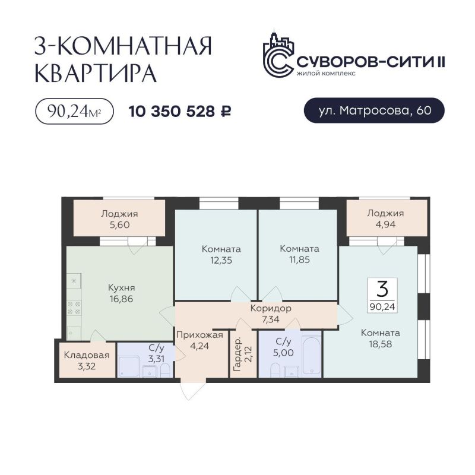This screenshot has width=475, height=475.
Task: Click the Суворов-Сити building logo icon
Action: (x=278, y=55)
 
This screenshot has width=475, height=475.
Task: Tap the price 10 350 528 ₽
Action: (x=180, y=112)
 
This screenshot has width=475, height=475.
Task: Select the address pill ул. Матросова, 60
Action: (x=374, y=110)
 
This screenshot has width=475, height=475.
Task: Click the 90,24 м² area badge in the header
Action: (x=75, y=112)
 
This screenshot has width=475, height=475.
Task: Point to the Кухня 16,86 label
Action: (x=121, y=293)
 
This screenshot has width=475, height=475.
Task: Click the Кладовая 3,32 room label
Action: (x=87, y=360)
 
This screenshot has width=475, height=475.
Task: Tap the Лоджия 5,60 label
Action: (x=119, y=219)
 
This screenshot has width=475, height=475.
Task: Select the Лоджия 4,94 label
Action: (x=385, y=218)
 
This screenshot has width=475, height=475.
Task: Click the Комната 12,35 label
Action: (x=221, y=255)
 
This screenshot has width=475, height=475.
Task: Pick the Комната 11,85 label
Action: (x=299, y=254)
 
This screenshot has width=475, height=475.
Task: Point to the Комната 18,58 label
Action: (x=380, y=338)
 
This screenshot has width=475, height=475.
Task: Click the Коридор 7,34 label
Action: (x=271, y=313)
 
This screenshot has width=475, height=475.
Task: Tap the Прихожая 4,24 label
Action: (x=199, y=340)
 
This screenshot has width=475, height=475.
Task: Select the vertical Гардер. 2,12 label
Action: (x=243, y=354)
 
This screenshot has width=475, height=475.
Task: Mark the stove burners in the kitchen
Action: (x=74, y=307)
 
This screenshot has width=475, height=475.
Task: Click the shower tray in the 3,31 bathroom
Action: (x=128, y=367)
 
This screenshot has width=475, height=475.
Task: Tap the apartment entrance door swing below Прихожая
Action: (x=190, y=389)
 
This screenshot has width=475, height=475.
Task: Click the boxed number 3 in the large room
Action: (x=382, y=289)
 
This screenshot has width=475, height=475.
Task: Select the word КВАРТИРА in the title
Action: (x=96, y=72)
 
